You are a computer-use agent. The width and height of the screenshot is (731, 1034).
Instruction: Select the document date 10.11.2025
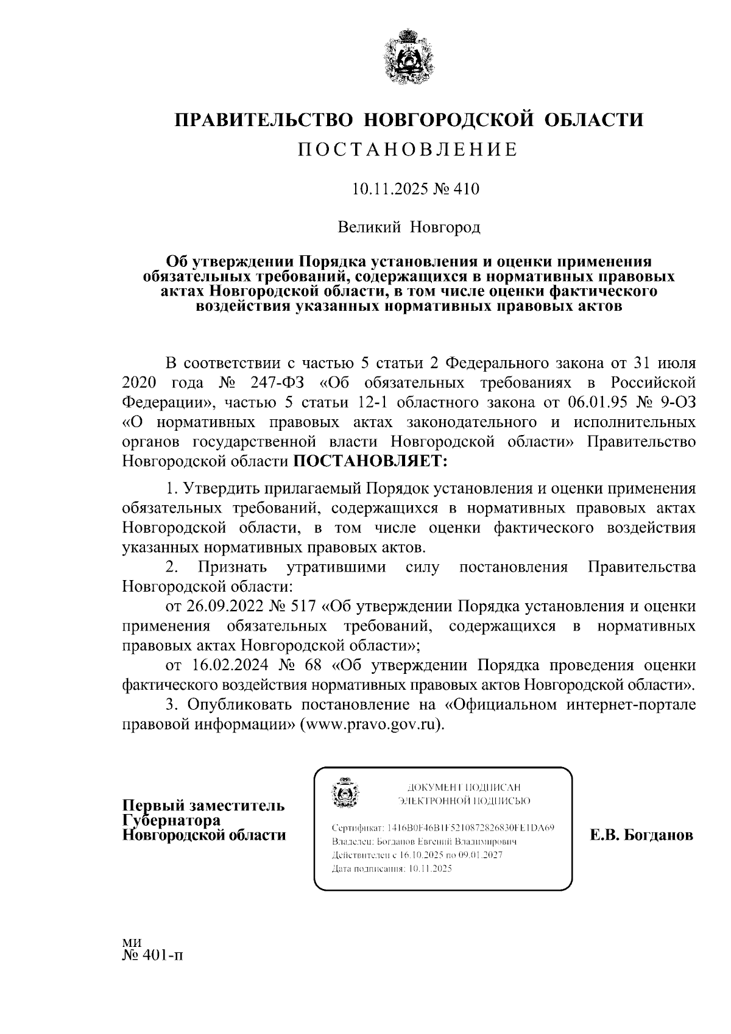click(x=386, y=189)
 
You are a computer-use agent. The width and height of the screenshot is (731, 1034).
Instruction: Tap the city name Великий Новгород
click(x=409, y=228)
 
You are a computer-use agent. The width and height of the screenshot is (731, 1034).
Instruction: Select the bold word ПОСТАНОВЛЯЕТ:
click(x=370, y=461)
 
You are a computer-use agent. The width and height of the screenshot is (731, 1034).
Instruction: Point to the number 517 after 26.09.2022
click(x=302, y=606)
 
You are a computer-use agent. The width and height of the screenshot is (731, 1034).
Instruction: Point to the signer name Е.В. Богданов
click(x=641, y=835)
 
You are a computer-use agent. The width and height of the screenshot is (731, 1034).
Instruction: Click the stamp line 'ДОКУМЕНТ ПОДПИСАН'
click(x=464, y=787)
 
